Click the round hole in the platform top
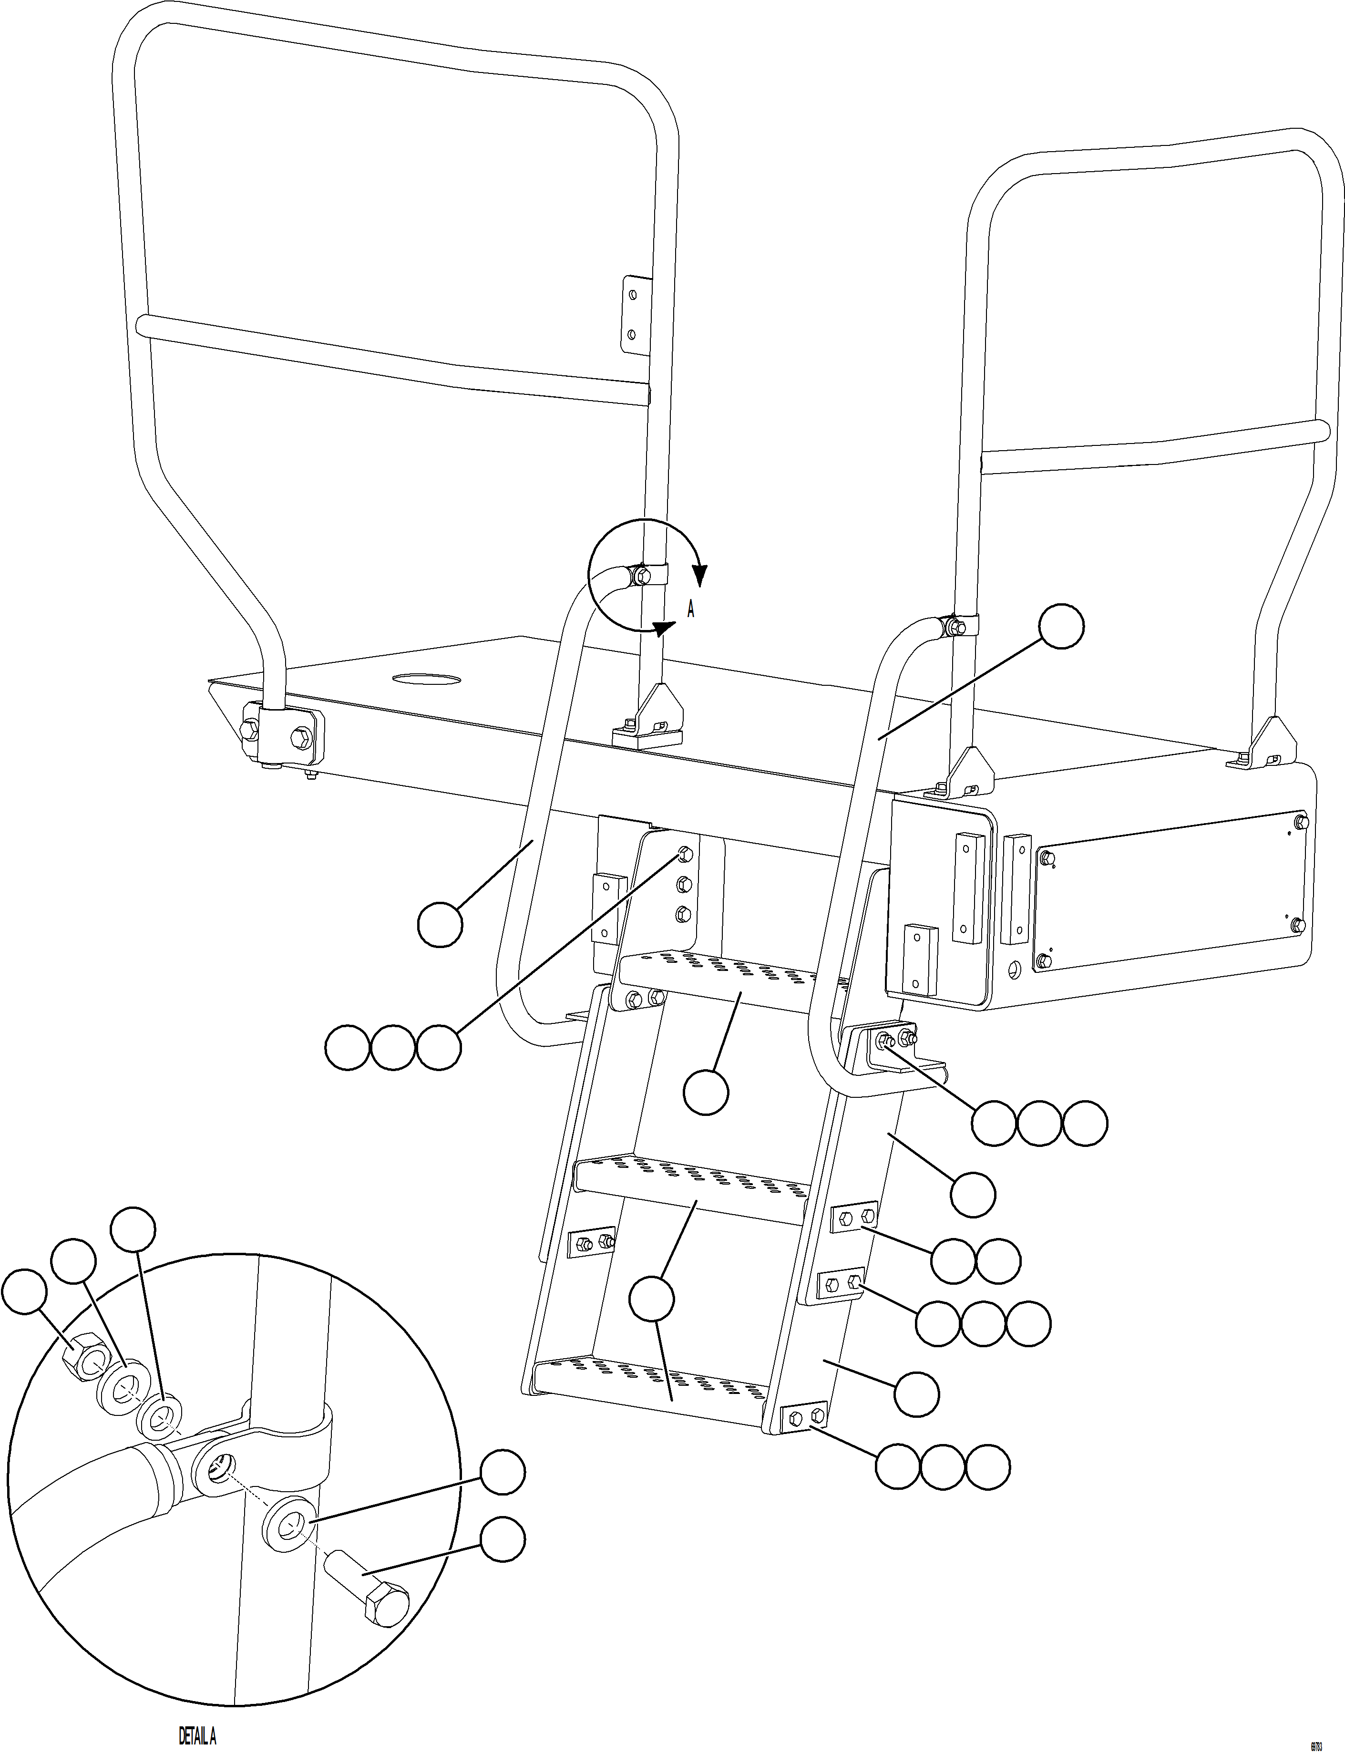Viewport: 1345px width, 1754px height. [x=427, y=680]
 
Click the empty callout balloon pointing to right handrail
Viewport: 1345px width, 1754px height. [x=1062, y=627]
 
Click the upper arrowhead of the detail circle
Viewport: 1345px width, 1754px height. [x=700, y=574]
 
